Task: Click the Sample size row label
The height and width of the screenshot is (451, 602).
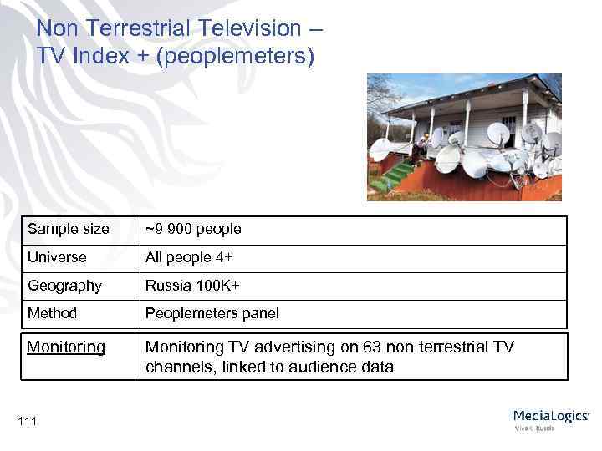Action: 68,229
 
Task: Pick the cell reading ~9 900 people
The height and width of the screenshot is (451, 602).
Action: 193,229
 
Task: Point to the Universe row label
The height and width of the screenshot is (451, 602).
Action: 57,257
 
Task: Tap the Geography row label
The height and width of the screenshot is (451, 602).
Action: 64,286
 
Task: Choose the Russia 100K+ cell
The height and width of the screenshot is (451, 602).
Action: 192,286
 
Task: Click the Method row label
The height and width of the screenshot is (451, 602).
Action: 52,313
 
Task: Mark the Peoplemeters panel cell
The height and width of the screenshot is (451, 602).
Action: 212,313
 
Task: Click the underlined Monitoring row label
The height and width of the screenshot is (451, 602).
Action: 66,347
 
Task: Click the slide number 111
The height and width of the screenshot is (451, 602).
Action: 28,421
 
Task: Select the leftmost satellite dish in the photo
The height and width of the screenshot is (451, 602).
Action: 380,149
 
